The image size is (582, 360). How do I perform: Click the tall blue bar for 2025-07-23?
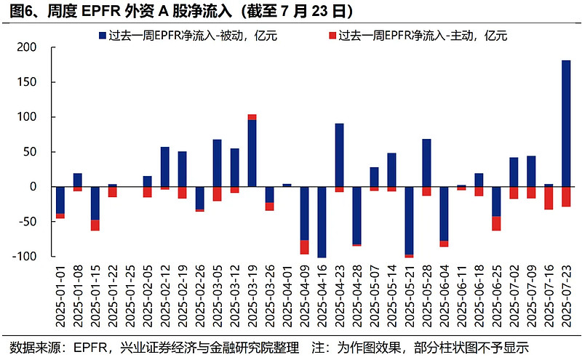pos(566,124)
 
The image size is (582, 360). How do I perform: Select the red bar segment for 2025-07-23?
pos(566,197)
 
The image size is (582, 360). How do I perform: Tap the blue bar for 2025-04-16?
pos(322,222)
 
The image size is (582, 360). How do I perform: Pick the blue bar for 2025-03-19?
pos(252,153)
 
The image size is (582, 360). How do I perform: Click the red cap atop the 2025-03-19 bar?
pos(252,117)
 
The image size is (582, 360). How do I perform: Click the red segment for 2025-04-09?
pos(304,247)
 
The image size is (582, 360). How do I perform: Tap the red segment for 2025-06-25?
pos(496,223)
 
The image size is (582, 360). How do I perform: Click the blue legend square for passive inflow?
pos(101,34)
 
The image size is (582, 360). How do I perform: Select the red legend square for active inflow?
pos(333,34)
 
